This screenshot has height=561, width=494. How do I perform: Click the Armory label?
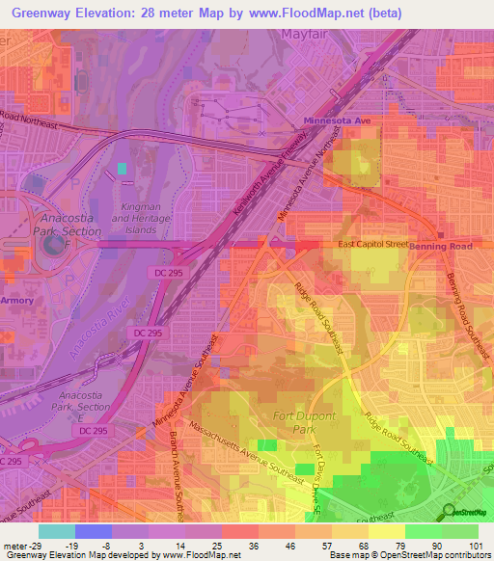coord(16,301)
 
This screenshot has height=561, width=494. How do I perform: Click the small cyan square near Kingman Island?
coord(122,169)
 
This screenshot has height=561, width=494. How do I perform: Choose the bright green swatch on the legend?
coord(422,531)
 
